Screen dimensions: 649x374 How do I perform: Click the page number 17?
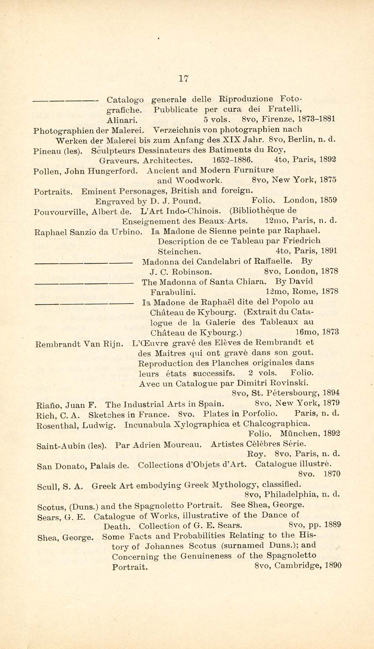[x=183, y=78]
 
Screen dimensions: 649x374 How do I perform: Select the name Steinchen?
[x=179, y=252]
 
